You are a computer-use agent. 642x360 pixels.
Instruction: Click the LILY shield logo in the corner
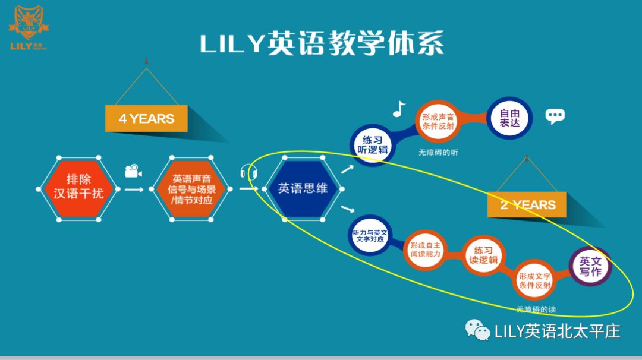click(x=29, y=24)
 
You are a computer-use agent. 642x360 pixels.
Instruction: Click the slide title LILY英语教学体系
click(x=322, y=45)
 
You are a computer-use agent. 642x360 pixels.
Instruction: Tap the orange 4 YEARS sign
click(x=146, y=118)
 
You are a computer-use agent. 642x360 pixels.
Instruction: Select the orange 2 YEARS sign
click(x=527, y=205)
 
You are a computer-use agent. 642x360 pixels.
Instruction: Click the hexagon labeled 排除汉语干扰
click(x=78, y=188)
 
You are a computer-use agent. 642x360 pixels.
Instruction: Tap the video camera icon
click(x=133, y=171)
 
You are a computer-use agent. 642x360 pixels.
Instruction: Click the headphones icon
click(x=249, y=173)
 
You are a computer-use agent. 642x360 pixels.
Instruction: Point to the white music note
click(x=399, y=109)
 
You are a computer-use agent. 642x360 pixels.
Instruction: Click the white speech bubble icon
click(x=555, y=116)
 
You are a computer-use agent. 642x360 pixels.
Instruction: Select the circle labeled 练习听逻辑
click(x=372, y=144)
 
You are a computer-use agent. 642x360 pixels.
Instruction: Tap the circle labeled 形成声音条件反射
click(x=438, y=122)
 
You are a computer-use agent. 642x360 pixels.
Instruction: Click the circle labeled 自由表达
click(x=509, y=117)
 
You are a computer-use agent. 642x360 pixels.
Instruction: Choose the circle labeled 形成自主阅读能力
click(x=425, y=250)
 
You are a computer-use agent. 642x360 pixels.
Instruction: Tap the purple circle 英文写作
click(x=590, y=266)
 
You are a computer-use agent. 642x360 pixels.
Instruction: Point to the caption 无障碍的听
click(x=438, y=153)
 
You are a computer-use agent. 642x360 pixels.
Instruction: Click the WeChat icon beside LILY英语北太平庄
click(x=477, y=330)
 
